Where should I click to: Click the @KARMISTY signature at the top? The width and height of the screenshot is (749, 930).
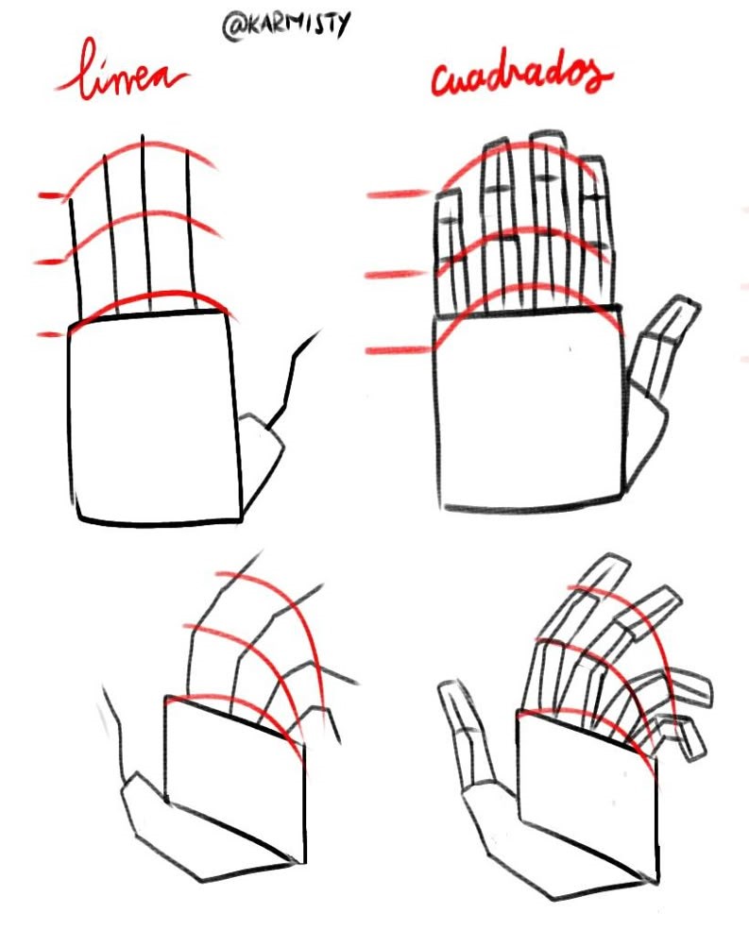coord(286,25)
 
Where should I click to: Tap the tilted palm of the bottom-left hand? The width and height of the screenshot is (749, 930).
coord(235,778)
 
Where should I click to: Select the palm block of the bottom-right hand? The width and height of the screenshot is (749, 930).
coord(587,794)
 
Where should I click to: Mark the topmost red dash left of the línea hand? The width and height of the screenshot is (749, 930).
coord(49,195)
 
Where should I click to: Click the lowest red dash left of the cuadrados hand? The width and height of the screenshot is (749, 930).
coord(398,350)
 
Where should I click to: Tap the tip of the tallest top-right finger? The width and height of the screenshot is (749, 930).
coord(547,134)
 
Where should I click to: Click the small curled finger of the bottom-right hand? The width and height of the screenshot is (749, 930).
coord(679,736)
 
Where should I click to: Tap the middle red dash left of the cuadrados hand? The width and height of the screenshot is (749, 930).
coord(395,275)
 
